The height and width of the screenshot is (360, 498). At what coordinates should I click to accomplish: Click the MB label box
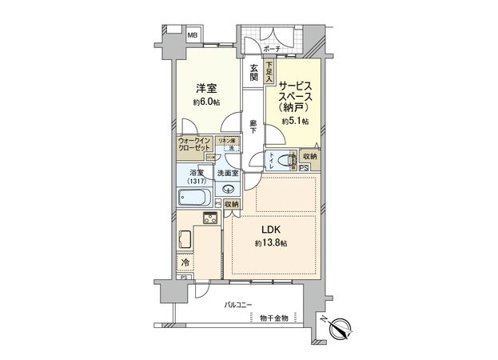[193, 35]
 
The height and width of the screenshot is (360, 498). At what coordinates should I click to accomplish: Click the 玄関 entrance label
[253, 72]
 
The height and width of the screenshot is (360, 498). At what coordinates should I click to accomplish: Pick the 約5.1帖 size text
[296, 122]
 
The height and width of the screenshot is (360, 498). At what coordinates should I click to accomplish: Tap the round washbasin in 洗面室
[229, 190]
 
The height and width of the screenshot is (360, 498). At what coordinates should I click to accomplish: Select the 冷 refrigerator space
[185, 262]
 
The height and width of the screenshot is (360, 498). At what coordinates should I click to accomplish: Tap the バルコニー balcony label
[238, 305]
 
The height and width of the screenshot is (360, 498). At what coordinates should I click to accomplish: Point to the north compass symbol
[341, 326]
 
